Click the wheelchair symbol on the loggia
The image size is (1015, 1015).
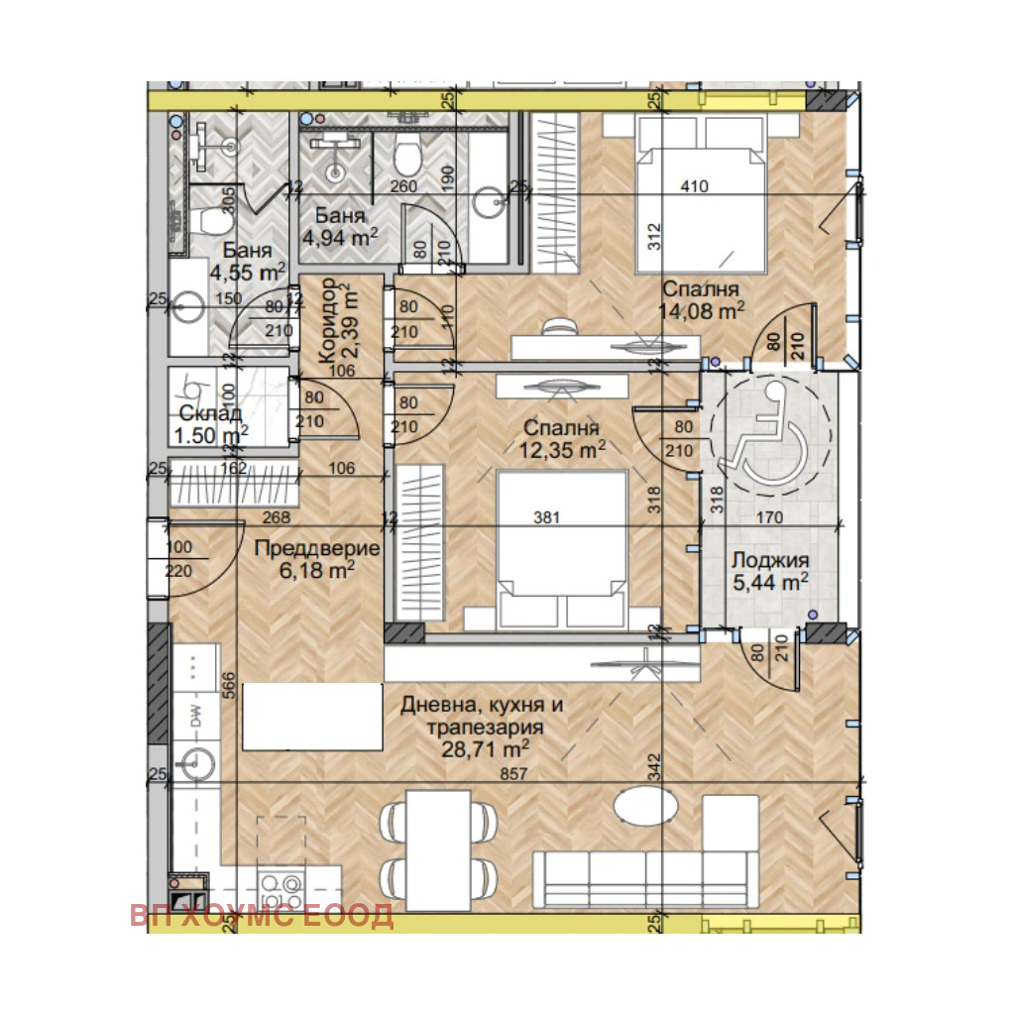[764, 442]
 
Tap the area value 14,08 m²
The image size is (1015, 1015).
[701, 310]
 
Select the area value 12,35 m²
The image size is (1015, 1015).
[561, 449]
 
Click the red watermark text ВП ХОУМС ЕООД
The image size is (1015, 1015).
[262, 915]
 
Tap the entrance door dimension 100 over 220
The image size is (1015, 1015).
[180, 560]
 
